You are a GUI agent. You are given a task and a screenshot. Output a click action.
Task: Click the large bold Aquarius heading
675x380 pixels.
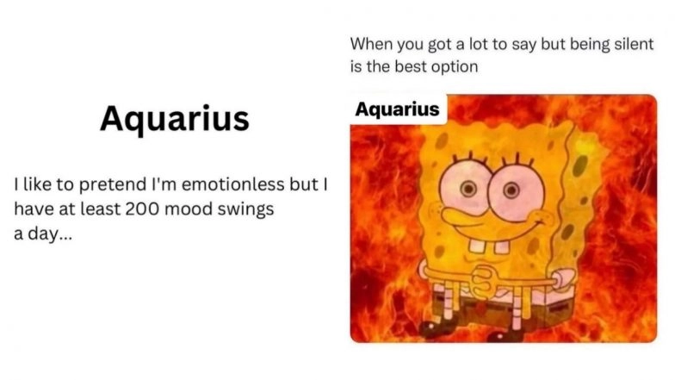[x=174, y=118]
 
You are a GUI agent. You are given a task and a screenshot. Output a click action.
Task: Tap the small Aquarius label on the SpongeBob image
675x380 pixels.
[x=397, y=109]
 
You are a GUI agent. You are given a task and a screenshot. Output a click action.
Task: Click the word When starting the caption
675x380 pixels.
[x=371, y=43]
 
